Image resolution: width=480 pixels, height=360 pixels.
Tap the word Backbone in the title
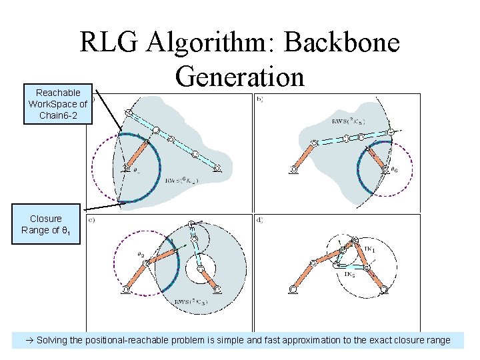point(341,43)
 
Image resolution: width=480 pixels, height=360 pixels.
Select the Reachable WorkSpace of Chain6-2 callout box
point(58,105)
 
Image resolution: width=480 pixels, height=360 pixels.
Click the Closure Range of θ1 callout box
point(45,225)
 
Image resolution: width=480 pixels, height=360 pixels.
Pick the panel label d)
point(259,220)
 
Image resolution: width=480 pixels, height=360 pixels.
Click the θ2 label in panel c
point(141,254)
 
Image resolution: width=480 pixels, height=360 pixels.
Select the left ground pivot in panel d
point(293,289)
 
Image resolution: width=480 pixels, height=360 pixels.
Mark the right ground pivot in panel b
point(385,170)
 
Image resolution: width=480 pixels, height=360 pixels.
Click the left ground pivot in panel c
point(126,289)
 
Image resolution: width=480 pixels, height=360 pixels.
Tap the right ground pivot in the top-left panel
point(217,169)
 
